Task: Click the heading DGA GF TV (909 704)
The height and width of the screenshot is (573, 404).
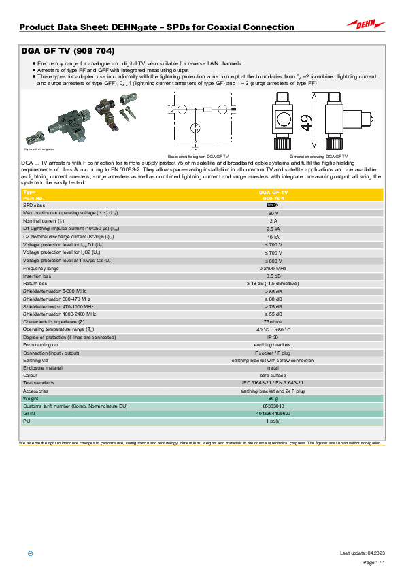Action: pos(67,51)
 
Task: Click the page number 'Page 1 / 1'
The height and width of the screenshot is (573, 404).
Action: pos(375,563)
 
